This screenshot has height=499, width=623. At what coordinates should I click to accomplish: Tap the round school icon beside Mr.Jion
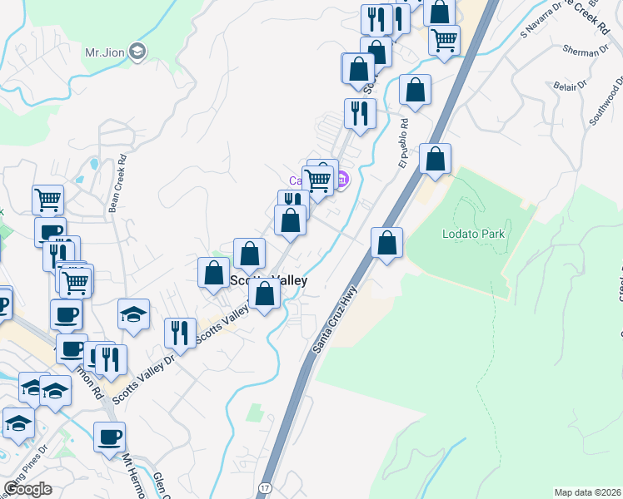[137, 52]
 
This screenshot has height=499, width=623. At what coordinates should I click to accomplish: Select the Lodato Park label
[473, 234]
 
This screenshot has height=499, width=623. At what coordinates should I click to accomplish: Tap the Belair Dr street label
[570, 84]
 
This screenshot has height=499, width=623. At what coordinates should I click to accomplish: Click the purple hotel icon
[341, 179]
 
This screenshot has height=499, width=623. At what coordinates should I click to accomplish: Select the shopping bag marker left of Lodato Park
[386, 243]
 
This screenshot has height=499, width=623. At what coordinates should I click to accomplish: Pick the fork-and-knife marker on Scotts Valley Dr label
[180, 333]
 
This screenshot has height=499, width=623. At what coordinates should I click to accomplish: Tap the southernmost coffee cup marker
[109, 437]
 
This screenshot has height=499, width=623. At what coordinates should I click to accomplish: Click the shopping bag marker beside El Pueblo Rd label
[415, 89]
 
